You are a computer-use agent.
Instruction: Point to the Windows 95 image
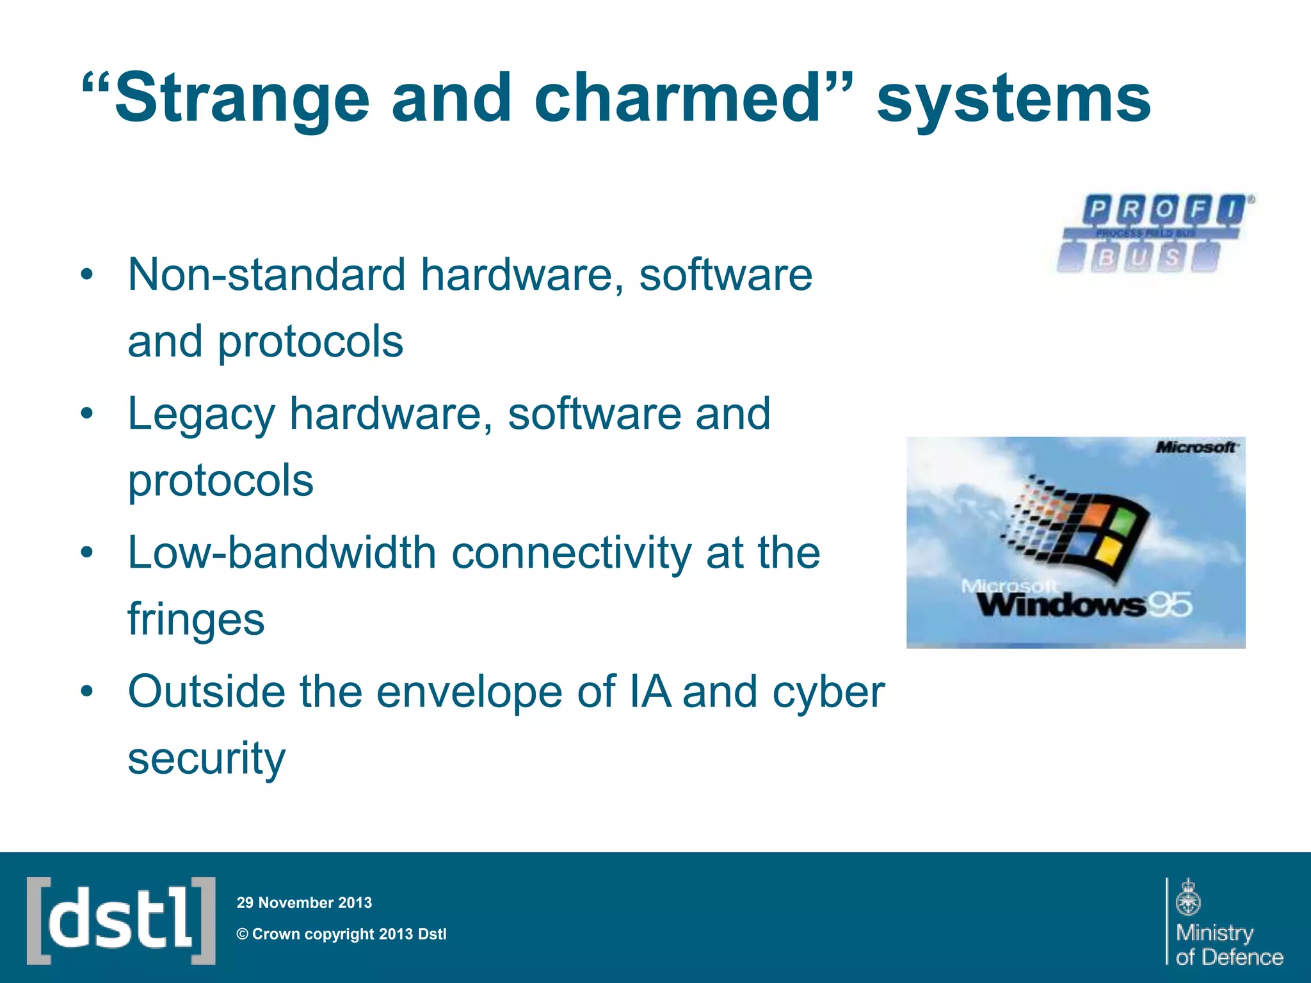(1075, 543)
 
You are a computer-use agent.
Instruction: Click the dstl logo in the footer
(121, 920)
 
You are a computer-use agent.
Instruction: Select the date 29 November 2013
(304, 902)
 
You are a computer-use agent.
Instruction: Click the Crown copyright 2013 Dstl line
(342, 934)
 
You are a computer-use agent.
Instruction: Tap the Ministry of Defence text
(1229, 945)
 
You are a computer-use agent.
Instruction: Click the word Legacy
(201, 415)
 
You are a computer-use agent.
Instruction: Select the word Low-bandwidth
(282, 553)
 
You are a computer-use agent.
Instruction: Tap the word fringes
(196, 619)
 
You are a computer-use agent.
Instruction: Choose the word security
(206, 759)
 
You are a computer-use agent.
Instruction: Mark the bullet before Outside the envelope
(87, 692)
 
